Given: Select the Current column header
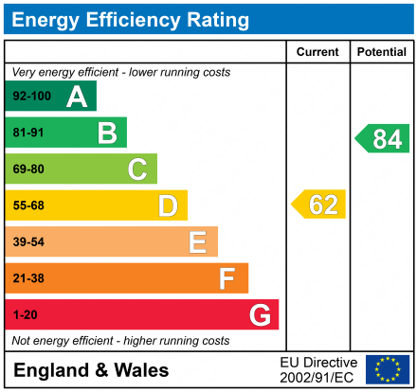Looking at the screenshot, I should [x=317, y=52].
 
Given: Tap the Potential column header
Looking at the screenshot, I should [x=381, y=52].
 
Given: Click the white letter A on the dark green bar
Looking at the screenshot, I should [x=77, y=97].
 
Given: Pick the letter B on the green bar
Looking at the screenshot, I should [x=107, y=134].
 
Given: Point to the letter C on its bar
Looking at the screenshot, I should [x=137, y=169].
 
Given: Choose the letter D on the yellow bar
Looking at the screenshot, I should [x=168, y=205].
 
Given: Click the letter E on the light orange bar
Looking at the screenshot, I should [x=197, y=242].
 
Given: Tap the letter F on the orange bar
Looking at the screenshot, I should [x=227, y=278].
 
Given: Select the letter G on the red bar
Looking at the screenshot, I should [x=259, y=314].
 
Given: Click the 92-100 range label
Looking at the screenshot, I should [x=31, y=97].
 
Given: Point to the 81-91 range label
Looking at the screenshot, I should [x=28, y=134].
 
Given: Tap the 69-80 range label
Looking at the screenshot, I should [x=28, y=169].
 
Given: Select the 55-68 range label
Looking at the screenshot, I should [x=28, y=205].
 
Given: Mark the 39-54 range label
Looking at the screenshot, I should [x=28, y=242].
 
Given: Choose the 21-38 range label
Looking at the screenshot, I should [x=28, y=278].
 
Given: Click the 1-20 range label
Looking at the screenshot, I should [x=25, y=314].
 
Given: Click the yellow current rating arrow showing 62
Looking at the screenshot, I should [x=319, y=205].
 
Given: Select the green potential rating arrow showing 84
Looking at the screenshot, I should [x=383, y=138].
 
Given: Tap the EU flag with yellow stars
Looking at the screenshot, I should [x=388, y=369].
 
